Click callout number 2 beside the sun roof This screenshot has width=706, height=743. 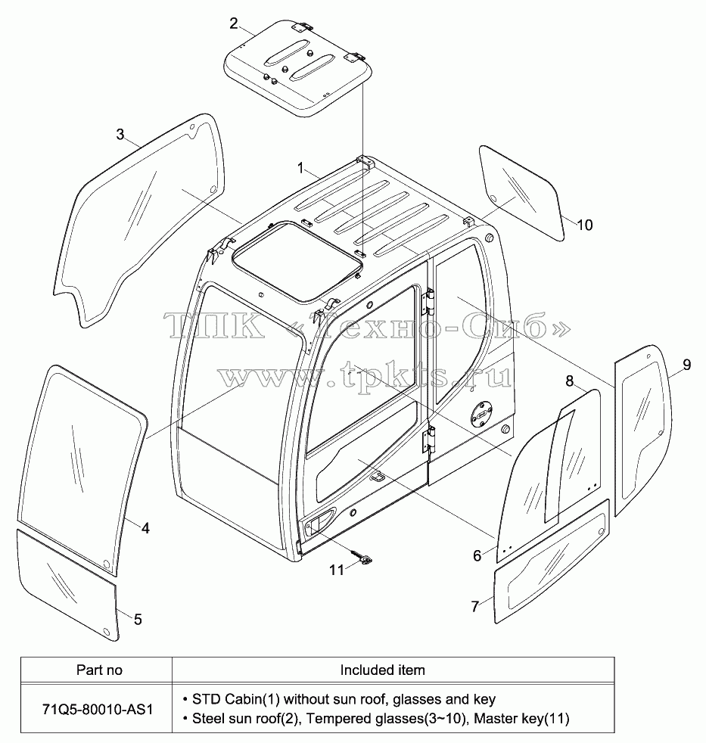[x=234, y=23]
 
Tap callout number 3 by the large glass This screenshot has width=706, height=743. [x=120, y=135]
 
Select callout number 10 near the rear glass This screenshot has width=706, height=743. [x=585, y=225]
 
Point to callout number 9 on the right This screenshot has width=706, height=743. [x=686, y=365]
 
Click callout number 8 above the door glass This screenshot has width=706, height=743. [x=570, y=381]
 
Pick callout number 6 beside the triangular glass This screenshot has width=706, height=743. [x=477, y=555]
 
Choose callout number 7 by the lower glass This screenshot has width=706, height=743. [x=475, y=607]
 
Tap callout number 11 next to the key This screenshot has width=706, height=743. [x=337, y=570]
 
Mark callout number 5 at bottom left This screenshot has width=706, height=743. [x=138, y=620]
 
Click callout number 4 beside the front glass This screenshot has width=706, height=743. [x=145, y=528]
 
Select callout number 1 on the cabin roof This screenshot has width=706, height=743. [x=300, y=168]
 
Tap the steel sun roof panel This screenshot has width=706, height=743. [x=298, y=68]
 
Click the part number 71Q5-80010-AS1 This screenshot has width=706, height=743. [x=98, y=710]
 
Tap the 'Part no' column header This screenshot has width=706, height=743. [x=99, y=670]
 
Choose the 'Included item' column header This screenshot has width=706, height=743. [x=382, y=670]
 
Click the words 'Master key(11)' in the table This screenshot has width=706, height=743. [x=521, y=719]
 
